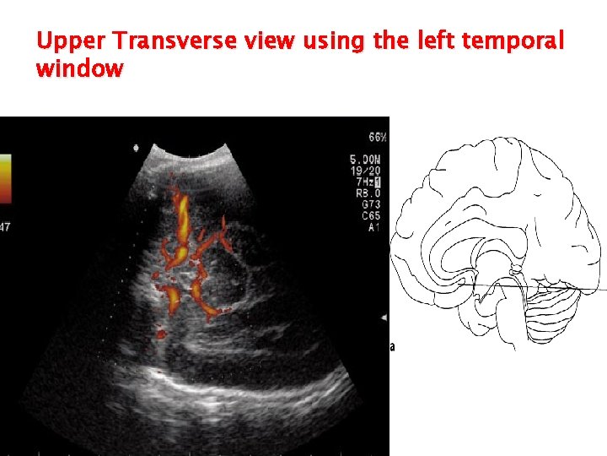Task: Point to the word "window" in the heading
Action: click(79, 69)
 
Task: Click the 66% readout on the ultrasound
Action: click(377, 138)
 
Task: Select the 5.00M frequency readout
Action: click(367, 160)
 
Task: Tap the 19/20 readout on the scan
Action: click(368, 171)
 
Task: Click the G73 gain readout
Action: click(370, 204)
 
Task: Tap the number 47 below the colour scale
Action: click(4, 226)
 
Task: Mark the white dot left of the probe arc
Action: click(137, 149)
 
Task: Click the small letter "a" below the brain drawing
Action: click(392, 346)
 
